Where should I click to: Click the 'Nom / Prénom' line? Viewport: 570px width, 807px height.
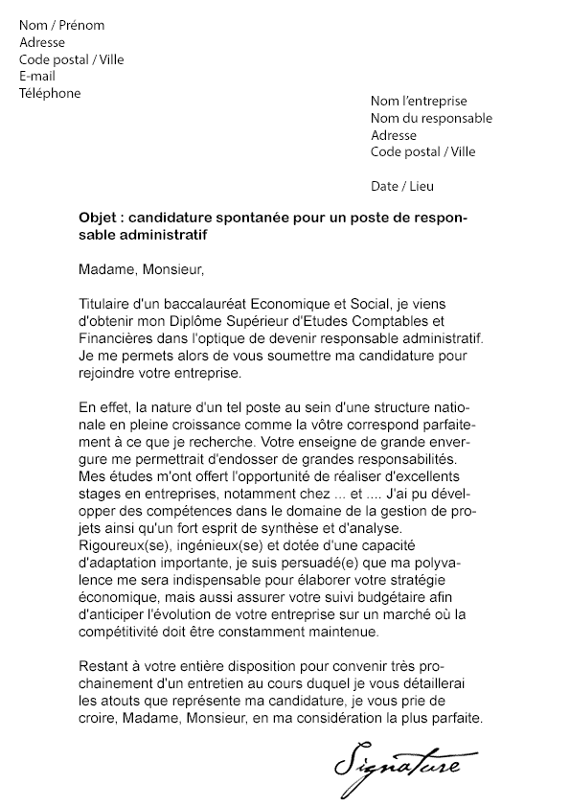pos(62,26)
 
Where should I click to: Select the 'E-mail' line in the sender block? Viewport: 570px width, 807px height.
pos(37,77)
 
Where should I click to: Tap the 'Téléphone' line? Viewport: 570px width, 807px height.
pos(50,94)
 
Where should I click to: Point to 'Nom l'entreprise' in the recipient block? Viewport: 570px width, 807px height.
pos(419,102)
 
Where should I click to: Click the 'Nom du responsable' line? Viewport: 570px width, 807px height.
pos(431,119)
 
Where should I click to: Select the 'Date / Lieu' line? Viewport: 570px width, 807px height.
pos(401,186)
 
